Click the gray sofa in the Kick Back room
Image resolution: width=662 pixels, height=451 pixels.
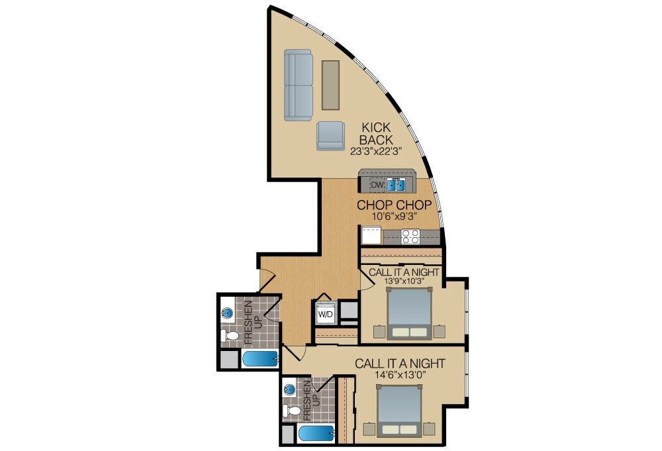[299, 86]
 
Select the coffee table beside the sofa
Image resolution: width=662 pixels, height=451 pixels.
[330, 85]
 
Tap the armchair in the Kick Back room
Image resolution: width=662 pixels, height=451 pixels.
[330, 136]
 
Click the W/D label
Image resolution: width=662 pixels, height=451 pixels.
[326, 314]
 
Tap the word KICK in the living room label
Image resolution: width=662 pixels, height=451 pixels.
[376, 127]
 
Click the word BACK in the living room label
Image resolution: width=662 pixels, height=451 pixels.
[376, 140]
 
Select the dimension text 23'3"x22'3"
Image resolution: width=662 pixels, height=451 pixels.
[376, 151]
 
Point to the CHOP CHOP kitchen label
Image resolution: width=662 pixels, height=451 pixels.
[395, 205]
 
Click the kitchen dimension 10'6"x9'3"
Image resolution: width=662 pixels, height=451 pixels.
[395, 216]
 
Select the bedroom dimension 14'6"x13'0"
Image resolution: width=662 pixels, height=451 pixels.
[400, 375]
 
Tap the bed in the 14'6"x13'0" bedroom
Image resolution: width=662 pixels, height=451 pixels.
[399, 411]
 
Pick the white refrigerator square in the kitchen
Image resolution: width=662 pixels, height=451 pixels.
[371, 235]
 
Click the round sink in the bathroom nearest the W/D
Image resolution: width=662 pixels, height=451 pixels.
[228, 312]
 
